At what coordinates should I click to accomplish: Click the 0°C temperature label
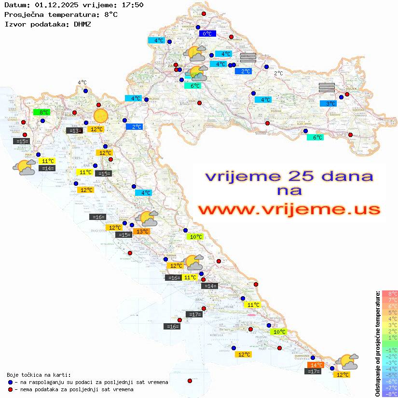[207, 34]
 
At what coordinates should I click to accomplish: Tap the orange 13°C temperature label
[142, 232]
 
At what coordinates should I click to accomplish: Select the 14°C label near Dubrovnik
[316, 365]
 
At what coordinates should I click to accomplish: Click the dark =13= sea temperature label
[74, 130]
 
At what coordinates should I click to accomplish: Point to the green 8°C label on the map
[41, 112]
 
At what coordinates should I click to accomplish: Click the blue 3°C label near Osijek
[329, 103]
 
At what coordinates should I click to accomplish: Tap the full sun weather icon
[101, 116]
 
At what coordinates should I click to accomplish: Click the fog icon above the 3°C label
[327, 87]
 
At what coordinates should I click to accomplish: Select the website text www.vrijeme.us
[289, 209]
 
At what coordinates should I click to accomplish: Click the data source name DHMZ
[82, 24]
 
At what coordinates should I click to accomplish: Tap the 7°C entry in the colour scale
[390, 300]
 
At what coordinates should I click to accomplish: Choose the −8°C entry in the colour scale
[389, 394]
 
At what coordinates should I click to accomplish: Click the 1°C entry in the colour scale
[390, 337]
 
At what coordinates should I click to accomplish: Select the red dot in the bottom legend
[11, 389]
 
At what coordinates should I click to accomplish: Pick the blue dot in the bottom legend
[11, 382]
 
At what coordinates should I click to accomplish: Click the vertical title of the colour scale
[377, 343]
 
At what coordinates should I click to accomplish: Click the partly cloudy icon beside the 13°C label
[147, 219]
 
